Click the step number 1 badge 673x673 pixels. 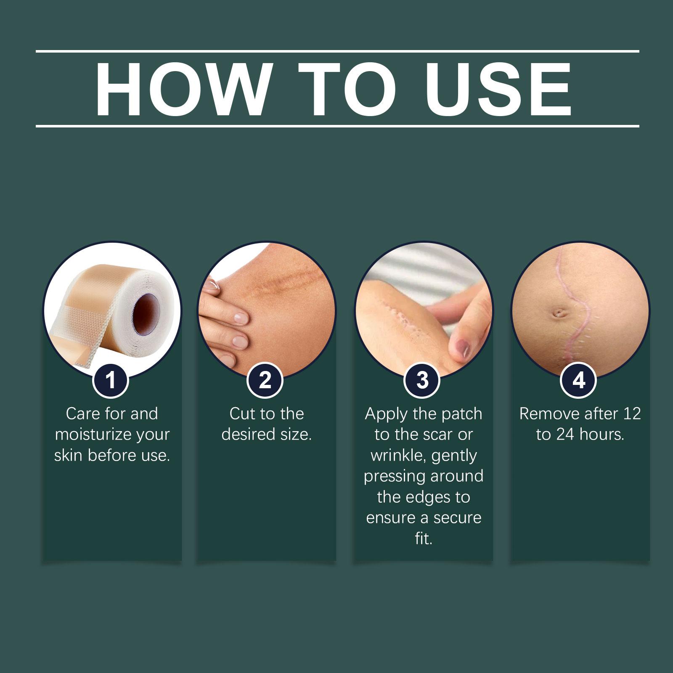(x=111, y=380)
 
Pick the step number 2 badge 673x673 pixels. (x=265, y=380)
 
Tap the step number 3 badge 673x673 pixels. (x=422, y=380)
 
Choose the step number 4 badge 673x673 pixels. (x=579, y=380)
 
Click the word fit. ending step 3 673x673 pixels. (x=424, y=538)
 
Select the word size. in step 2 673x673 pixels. (x=296, y=435)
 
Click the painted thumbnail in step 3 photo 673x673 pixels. (x=463, y=347)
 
